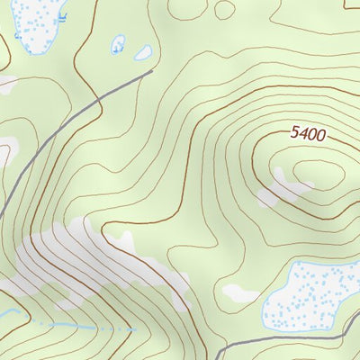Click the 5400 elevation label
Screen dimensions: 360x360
click(x=308, y=134)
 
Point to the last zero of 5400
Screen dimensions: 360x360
click(x=319, y=137)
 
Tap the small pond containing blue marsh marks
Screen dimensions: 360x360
click(x=118, y=44)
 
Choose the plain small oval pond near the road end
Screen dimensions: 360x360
click(x=143, y=53)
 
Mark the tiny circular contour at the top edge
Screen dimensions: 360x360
click(x=224, y=8)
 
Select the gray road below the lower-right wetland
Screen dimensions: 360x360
click(x=297, y=338)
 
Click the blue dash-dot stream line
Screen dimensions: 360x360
click(x=90, y=326)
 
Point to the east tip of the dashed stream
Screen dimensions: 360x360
click(x=135, y=329)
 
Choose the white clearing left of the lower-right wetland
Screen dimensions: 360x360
click(x=240, y=292)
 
